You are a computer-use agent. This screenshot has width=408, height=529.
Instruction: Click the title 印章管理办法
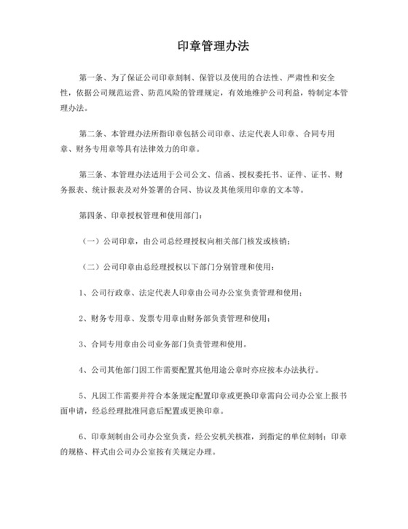tap(204, 45)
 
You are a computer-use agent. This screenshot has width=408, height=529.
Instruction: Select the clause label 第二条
tap(92, 134)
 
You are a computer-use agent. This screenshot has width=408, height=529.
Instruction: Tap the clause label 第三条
tap(92, 176)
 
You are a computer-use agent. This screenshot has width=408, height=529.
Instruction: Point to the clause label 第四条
tap(92, 217)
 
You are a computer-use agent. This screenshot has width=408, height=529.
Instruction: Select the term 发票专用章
tap(163, 319)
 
